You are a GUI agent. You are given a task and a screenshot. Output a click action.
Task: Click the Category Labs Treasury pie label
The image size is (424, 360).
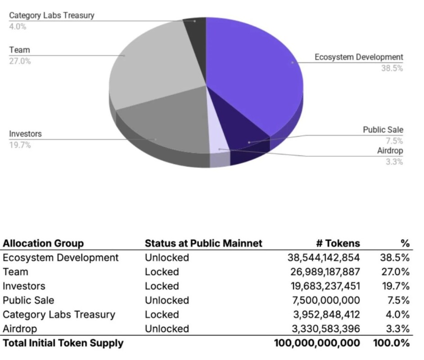click(x=52, y=15)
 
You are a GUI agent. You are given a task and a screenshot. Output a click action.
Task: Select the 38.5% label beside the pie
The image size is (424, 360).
click(x=392, y=68)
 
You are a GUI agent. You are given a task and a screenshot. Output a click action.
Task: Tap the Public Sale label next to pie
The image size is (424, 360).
click(x=383, y=130)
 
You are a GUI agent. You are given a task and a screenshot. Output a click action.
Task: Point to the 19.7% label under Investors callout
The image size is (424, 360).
click(x=20, y=145)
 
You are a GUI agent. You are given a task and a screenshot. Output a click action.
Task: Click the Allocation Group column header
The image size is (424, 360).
click(x=43, y=243)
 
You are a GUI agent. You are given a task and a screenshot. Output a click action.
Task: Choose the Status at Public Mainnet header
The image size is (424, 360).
click(x=203, y=243)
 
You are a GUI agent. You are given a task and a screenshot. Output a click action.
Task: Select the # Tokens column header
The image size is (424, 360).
click(x=338, y=243)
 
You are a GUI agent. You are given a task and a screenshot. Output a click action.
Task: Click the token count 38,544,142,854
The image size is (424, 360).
click(x=324, y=258)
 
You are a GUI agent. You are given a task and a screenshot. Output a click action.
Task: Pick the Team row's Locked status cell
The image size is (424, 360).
click(x=162, y=272)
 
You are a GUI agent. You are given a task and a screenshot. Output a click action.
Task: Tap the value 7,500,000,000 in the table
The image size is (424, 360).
click(x=327, y=300)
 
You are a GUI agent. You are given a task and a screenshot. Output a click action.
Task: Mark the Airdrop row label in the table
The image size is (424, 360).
click(x=20, y=328)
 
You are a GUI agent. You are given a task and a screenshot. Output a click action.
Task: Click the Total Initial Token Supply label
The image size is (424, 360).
click(x=63, y=343)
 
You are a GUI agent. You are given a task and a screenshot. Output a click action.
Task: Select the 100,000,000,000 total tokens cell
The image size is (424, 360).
click(x=317, y=343)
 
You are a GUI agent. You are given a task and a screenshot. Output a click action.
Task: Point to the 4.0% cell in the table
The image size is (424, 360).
click(x=395, y=315)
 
